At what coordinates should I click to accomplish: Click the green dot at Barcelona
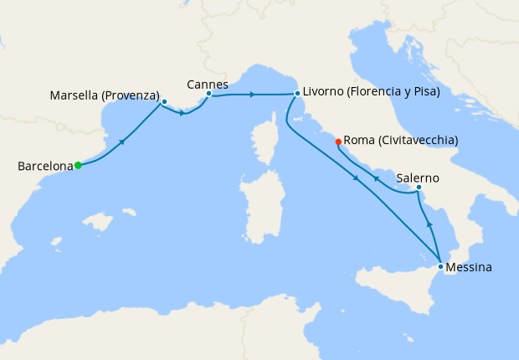pyautogui.click(x=78, y=165)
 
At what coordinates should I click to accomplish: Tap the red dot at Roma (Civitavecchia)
pyautogui.click(x=338, y=141)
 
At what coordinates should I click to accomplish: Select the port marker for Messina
pyautogui.click(x=440, y=266)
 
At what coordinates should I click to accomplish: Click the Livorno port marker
pyautogui.click(x=297, y=93)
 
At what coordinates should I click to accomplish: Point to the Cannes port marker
pyautogui.click(x=208, y=93)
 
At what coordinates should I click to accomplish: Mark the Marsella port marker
pyautogui.click(x=164, y=101)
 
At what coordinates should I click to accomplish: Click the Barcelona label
pyautogui.click(x=45, y=167)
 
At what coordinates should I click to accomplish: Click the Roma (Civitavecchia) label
pyautogui.click(x=401, y=140)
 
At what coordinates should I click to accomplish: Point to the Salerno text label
pyautogui.click(x=418, y=179)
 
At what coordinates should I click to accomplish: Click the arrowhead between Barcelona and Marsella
pyautogui.click(x=123, y=141)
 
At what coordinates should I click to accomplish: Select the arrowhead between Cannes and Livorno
pyautogui.click(x=252, y=95)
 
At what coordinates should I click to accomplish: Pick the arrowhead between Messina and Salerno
pyautogui.click(x=429, y=224)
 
